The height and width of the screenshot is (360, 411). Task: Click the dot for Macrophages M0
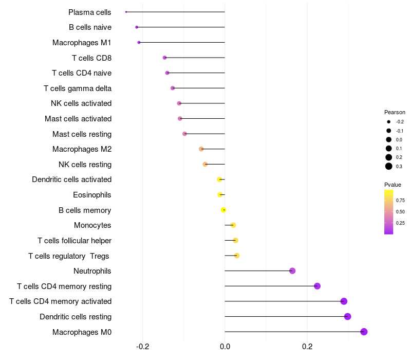click(x=364, y=332)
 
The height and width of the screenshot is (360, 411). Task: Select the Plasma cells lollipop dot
click(x=126, y=12)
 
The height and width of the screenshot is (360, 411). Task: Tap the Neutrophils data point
click(x=292, y=271)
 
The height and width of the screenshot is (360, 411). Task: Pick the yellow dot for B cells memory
click(x=223, y=210)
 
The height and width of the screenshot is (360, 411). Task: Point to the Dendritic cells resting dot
click(x=347, y=316)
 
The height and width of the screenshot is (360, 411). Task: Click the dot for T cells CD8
click(x=164, y=58)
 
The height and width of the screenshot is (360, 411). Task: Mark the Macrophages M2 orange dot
click(x=201, y=149)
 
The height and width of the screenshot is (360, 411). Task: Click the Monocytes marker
click(x=233, y=225)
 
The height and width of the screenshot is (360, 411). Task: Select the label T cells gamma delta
click(x=78, y=88)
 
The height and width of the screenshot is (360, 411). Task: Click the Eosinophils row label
click(x=92, y=195)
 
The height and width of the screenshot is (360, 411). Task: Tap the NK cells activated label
click(x=81, y=103)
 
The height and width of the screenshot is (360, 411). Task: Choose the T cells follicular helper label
click(x=74, y=241)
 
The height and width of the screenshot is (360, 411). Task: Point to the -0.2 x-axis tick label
click(x=142, y=347)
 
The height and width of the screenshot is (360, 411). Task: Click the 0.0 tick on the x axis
click(x=225, y=347)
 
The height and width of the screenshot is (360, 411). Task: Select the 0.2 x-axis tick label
click(x=307, y=347)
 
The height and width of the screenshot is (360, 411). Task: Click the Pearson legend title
click(x=395, y=112)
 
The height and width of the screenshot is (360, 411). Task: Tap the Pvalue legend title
click(x=393, y=185)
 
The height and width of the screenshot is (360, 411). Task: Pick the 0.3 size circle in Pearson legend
click(x=389, y=166)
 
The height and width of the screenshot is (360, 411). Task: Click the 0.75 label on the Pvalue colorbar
click(x=400, y=201)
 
